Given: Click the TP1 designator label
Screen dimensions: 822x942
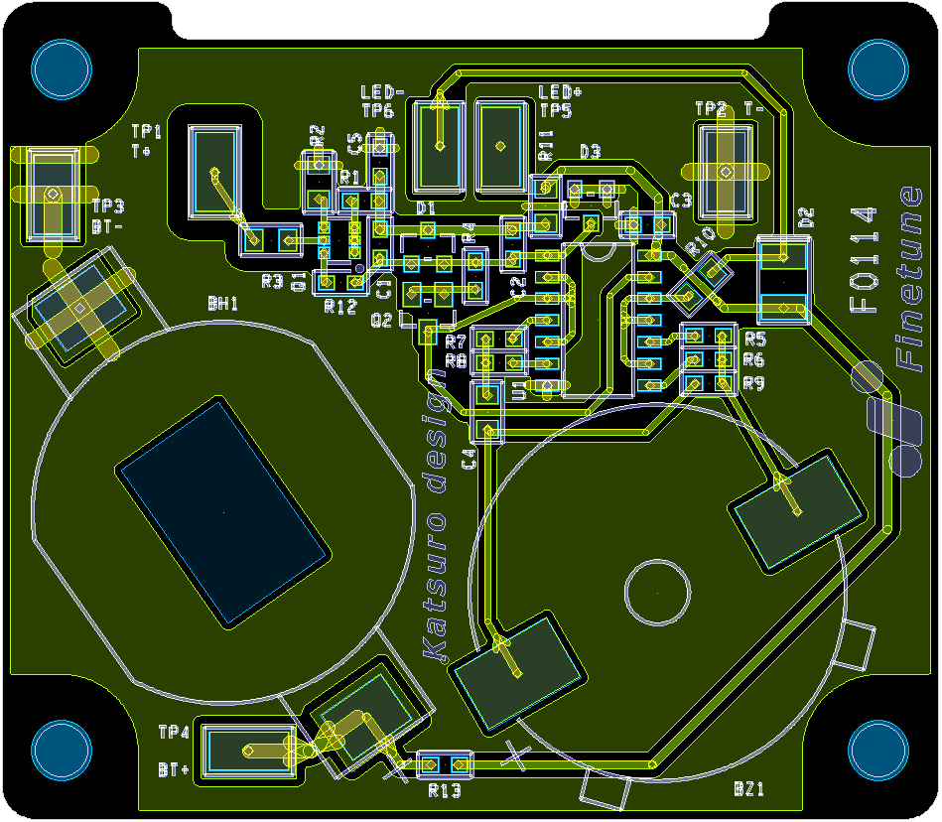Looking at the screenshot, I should (146, 131).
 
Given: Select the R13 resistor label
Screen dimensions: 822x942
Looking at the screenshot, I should (445, 790).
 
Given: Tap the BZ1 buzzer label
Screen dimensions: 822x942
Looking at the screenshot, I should (748, 789).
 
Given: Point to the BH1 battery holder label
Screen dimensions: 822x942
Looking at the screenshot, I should (222, 304).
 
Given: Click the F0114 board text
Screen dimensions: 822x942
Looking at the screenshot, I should (865, 260).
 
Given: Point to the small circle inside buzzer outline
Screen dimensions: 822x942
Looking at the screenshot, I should (656, 592).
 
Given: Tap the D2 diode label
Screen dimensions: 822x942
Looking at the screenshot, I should (805, 216).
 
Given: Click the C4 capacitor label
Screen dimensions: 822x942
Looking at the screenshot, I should (471, 459).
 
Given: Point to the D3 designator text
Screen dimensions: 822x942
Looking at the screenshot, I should (590, 152).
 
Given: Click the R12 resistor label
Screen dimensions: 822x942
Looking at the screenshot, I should (339, 307).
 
